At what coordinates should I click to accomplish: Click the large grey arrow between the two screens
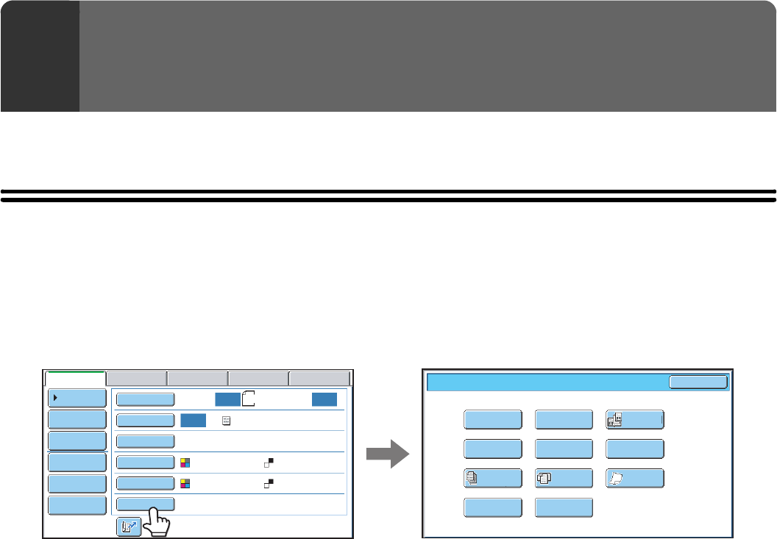(388, 454)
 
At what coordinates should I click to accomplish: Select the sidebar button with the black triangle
(77, 398)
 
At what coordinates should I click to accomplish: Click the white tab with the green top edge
(75, 378)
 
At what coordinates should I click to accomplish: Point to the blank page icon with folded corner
(248, 399)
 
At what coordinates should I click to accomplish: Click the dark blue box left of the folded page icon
(227, 399)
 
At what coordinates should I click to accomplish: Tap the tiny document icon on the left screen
(227, 420)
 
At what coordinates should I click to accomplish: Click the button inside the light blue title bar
(698, 382)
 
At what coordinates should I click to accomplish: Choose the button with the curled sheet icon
(635, 478)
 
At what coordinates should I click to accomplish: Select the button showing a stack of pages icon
(493, 478)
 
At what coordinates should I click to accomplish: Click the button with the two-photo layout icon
(635, 419)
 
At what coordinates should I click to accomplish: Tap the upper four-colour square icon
(185, 463)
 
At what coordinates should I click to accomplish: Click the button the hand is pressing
(145, 504)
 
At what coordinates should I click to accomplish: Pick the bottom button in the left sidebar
(77, 504)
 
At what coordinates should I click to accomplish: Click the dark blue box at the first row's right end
(324, 399)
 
